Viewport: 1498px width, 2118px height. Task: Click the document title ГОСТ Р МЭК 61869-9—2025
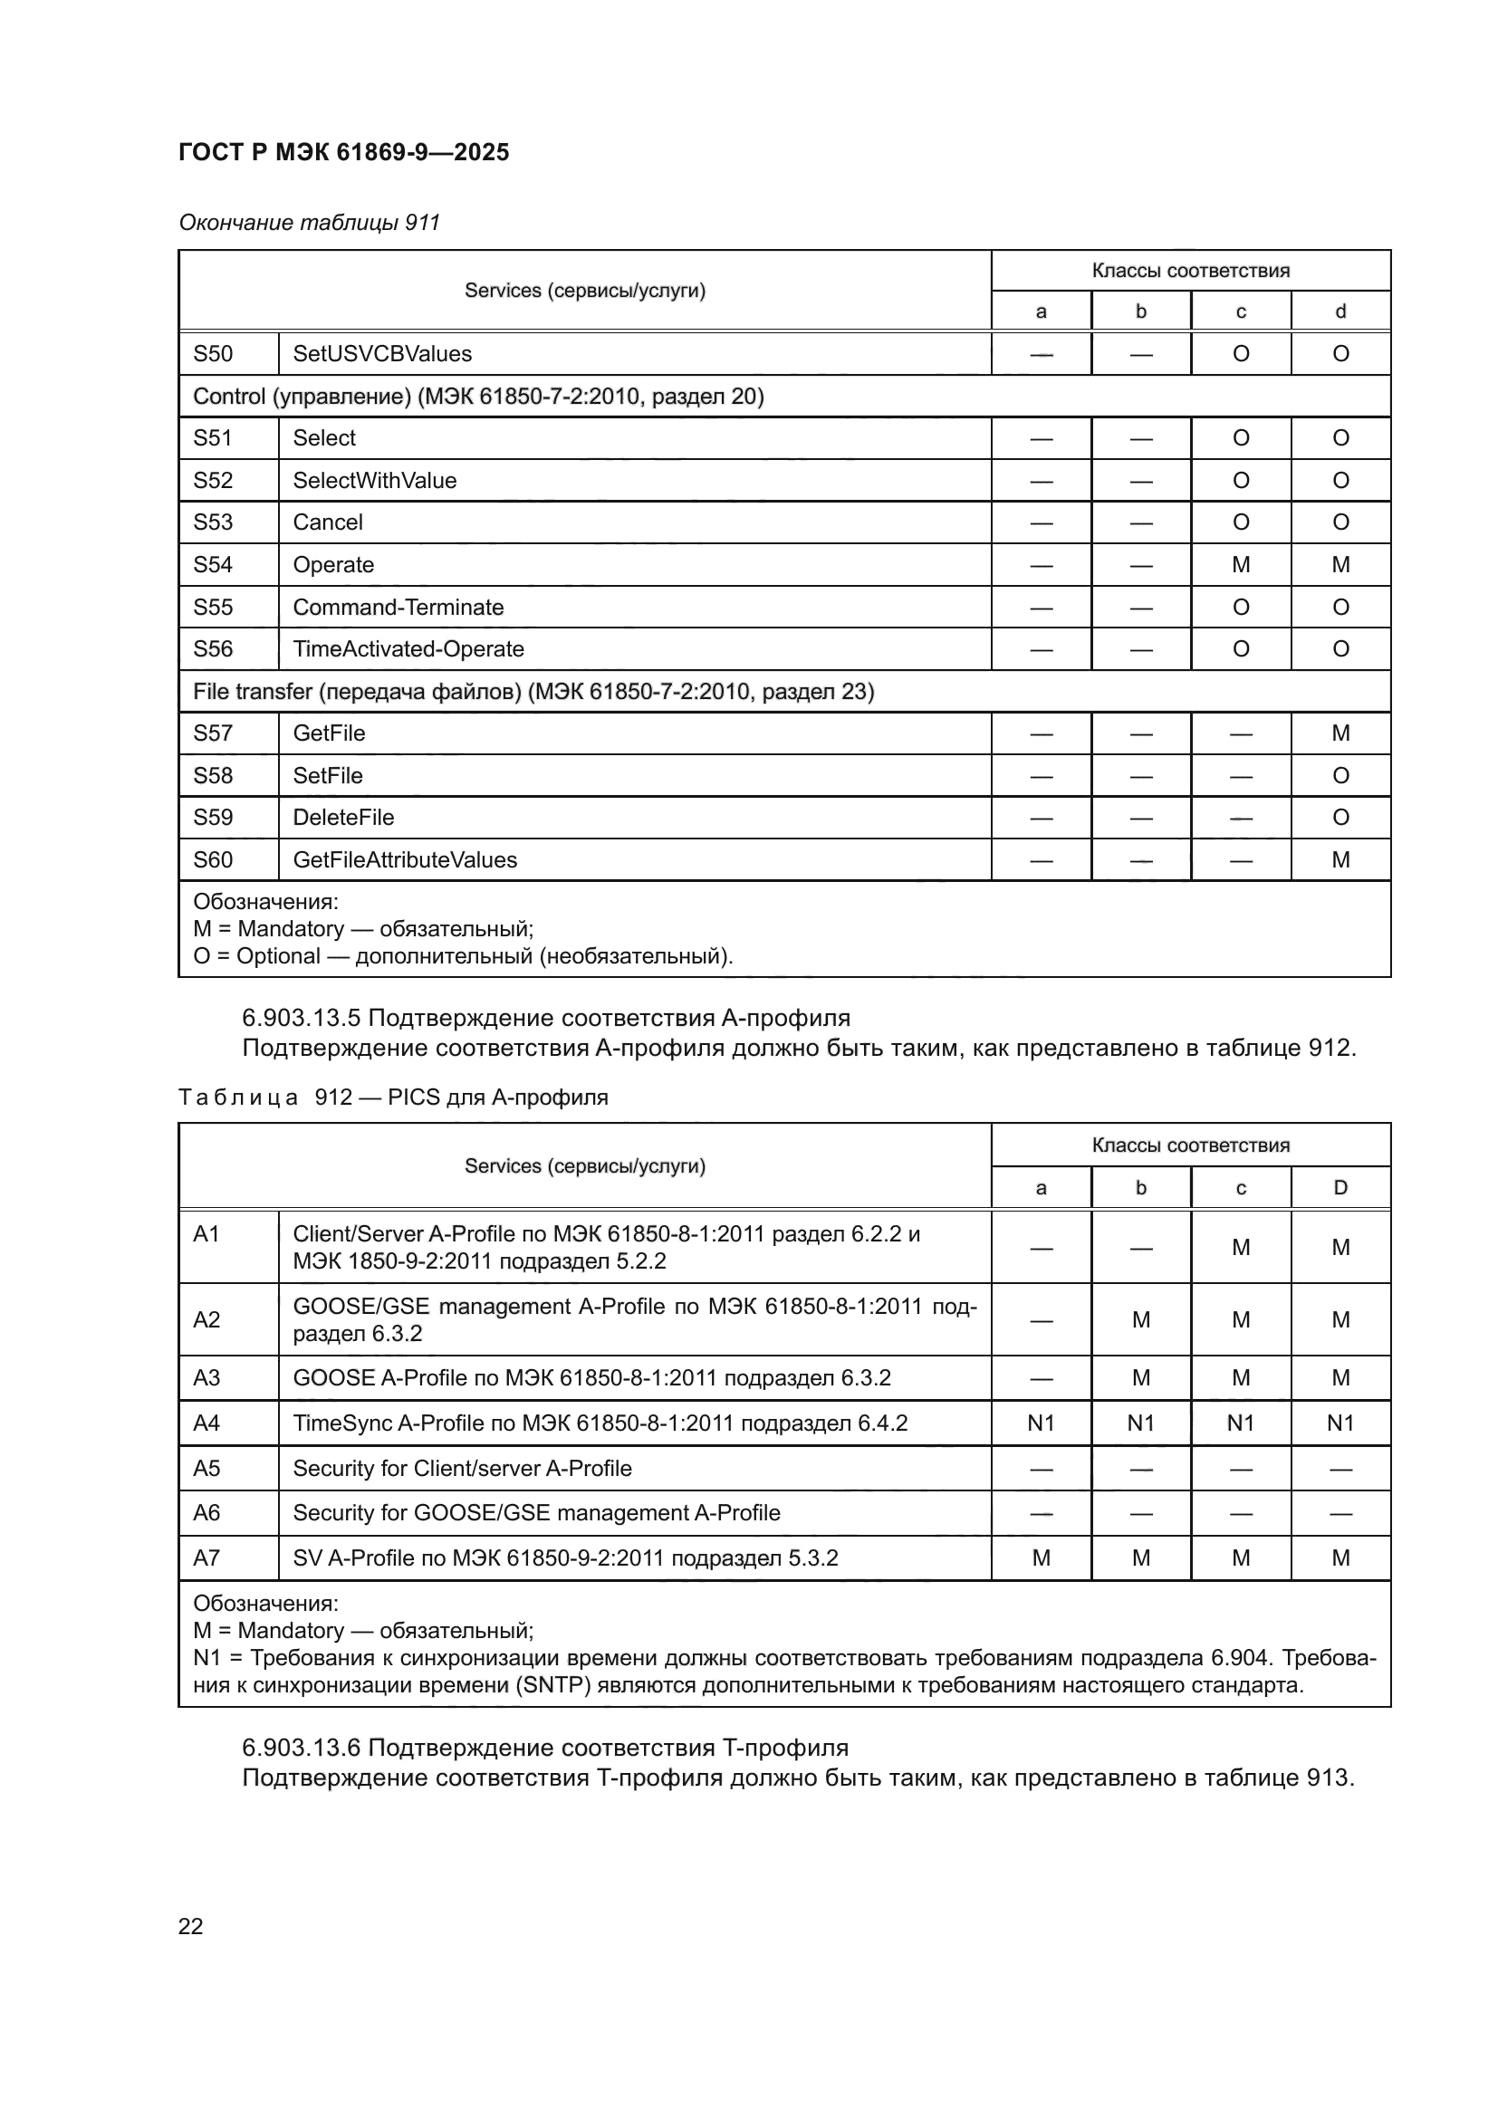(x=343, y=152)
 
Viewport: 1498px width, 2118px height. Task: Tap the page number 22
(x=190, y=1925)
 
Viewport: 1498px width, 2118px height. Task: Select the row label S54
(x=213, y=564)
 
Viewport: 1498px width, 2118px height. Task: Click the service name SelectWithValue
(x=375, y=481)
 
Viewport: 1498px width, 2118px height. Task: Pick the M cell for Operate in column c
(x=1241, y=564)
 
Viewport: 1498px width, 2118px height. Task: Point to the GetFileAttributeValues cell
(x=405, y=859)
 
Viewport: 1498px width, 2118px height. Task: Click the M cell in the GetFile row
(x=1340, y=733)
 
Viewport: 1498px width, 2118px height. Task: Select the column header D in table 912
(x=1340, y=1187)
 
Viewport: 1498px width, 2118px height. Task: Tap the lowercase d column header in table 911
(x=1340, y=311)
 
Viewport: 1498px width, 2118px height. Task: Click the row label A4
(x=206, y=1423)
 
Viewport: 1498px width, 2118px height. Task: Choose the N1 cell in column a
(x=1041, y=1423)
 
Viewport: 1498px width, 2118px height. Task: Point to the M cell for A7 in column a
(x=1041, y=1558)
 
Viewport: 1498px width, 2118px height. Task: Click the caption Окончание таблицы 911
(x=309, y=223)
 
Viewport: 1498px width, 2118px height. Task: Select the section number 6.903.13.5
(x=302, y=1018)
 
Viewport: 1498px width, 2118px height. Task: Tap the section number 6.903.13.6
(x=302, y=1747)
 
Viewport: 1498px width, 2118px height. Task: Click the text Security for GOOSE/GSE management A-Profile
(x=536, y=1513)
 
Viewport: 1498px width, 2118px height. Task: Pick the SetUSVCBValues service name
(x=382, y=354)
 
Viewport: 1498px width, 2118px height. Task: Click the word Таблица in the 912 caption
(x=238, y=1097)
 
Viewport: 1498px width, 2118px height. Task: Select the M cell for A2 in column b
(x=1141, y=1320)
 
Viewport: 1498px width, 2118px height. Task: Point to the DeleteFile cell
(x=343, y=818)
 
